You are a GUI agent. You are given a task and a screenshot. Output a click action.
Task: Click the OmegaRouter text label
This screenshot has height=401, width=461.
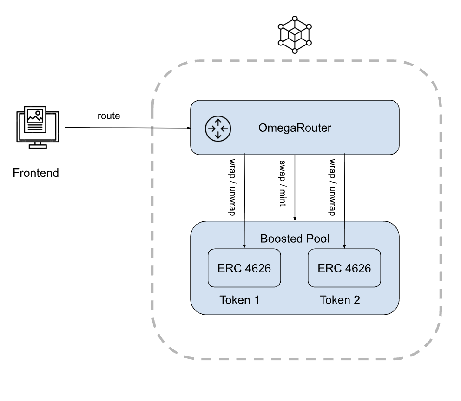(295, 128)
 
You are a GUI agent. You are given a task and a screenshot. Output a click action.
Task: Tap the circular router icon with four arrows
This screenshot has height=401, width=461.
(218, 128)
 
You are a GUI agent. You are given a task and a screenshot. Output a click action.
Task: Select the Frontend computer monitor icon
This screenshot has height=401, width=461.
(35, 128)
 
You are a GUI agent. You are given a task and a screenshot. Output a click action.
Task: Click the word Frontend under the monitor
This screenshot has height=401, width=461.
(36, 173)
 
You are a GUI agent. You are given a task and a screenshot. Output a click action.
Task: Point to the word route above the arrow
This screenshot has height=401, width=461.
(108, 116)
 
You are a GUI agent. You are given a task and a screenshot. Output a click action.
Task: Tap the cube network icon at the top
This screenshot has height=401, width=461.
(295, 35)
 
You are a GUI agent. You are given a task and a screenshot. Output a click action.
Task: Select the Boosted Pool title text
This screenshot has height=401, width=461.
(295, 239)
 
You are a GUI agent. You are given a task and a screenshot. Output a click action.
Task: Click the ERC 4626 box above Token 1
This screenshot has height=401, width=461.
(244, 268)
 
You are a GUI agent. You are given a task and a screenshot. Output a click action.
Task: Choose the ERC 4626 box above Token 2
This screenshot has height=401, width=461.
(344, 268)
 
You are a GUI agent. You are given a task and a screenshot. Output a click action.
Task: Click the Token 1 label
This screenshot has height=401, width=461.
(239, 300)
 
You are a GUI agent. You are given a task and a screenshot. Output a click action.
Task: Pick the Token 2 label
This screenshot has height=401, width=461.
(340, 300)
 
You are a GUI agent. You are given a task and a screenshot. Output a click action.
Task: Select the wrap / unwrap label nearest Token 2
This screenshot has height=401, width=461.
(332, 188)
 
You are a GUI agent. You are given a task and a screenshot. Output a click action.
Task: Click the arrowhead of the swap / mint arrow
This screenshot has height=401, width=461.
(295, 219)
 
